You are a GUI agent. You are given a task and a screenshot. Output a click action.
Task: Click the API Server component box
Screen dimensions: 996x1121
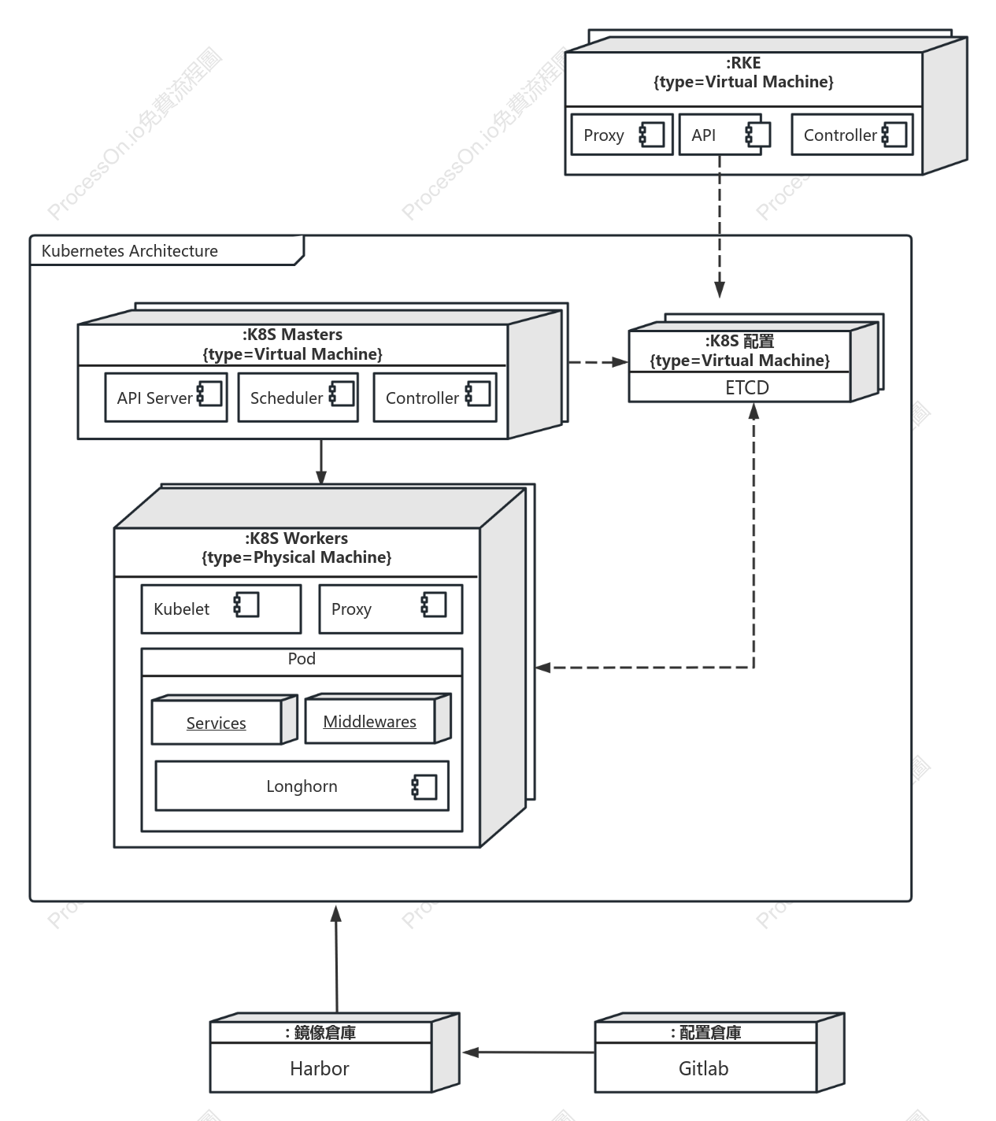coord(166,398)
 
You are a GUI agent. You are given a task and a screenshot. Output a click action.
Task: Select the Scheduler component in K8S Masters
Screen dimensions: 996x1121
coord(298,398)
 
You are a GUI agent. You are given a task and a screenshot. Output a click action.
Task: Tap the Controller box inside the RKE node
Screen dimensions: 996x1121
coord(852,135)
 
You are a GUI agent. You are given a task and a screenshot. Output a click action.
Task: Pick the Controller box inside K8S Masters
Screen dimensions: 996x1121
coord(435,398)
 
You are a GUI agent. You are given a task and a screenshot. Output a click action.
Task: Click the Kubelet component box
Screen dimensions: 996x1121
coord(221,609)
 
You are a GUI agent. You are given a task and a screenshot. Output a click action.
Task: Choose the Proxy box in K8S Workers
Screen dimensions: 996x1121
coord(391,609)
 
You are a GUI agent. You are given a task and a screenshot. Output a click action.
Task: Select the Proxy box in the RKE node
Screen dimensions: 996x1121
coord(622,135)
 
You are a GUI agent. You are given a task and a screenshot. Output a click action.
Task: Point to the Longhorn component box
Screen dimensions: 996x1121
coord(302,786)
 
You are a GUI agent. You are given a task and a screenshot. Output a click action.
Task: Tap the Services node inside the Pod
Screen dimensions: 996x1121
coord(224,720)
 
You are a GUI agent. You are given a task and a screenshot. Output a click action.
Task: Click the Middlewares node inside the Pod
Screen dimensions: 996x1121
coord(378,719)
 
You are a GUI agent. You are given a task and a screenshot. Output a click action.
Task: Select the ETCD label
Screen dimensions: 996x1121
coord(747,387)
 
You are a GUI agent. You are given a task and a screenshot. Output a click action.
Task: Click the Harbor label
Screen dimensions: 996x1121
coord(320,1068)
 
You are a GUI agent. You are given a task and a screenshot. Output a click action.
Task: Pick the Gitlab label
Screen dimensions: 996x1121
coord(703,1068)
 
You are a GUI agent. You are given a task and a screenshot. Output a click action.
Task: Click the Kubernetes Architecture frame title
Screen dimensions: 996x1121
coord(129,250)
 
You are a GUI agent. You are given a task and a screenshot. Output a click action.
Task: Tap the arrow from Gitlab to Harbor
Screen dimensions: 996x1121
coord(528,1053)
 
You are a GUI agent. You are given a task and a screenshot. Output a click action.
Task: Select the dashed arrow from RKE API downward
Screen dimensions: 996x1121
coord(720,227)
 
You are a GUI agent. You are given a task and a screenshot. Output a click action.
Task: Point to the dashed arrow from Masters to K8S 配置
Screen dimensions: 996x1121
coord(598,362)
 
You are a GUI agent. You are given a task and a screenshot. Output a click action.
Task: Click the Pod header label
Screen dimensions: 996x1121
coord(302,658)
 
